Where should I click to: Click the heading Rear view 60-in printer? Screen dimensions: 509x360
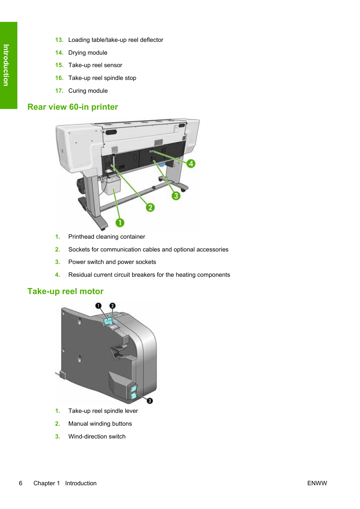[x=72, y=107]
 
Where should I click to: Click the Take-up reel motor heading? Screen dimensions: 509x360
[x=65, y=291]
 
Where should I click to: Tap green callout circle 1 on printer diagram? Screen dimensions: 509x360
[x=120, y=223]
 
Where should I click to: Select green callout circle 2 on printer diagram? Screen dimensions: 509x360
[x=150, y=207]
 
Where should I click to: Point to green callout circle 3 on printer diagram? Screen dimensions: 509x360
[x=176, y=196]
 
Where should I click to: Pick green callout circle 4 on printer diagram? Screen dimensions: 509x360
[x=191, y=163]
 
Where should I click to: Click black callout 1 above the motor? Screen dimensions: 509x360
[x=98, y=305]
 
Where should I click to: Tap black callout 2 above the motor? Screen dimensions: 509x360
[x=112, y=305]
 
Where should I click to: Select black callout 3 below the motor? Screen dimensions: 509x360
[x=150, y=401]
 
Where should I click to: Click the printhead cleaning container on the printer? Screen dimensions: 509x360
[x=112, y=186]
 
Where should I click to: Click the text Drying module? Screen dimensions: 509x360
[x=88, y=53]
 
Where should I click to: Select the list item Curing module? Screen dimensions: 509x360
[x=88, y=91]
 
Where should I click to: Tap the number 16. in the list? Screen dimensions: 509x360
[x=59, y=78]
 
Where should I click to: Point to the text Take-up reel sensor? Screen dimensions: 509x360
[x=95, y=65]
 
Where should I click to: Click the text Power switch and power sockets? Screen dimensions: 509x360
[x=112, y=262]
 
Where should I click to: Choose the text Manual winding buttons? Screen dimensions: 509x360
[x=100, y=424]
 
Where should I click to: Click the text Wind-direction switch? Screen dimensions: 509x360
[x=97, y=437]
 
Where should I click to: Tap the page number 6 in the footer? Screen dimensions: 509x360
[x=21, y=483]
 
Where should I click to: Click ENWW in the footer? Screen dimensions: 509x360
[x=317, y=483]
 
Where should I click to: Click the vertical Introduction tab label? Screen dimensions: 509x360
[x=6, y=65]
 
